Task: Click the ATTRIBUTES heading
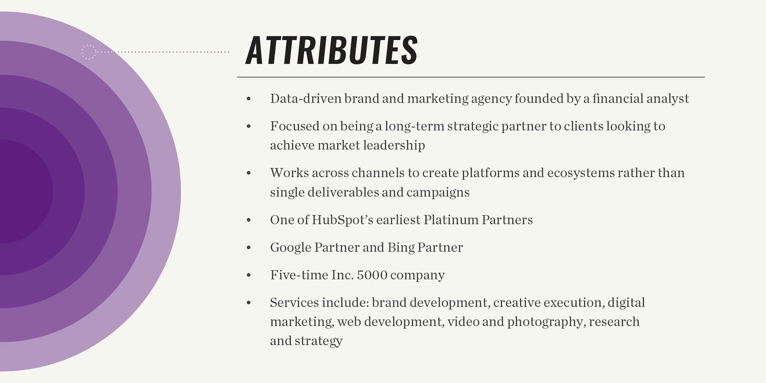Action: point(331,50)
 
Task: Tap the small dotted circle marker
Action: point(89,52)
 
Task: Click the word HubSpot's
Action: point(342,220)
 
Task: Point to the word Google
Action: point(291,248)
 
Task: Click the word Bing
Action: point(401,248)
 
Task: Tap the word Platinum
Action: point(450,220)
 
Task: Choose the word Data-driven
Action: point(306,99)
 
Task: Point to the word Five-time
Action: point(299,275)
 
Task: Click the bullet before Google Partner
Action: point(249,248)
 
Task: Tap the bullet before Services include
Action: point(249,303)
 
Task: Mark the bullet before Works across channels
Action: point(249,173)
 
